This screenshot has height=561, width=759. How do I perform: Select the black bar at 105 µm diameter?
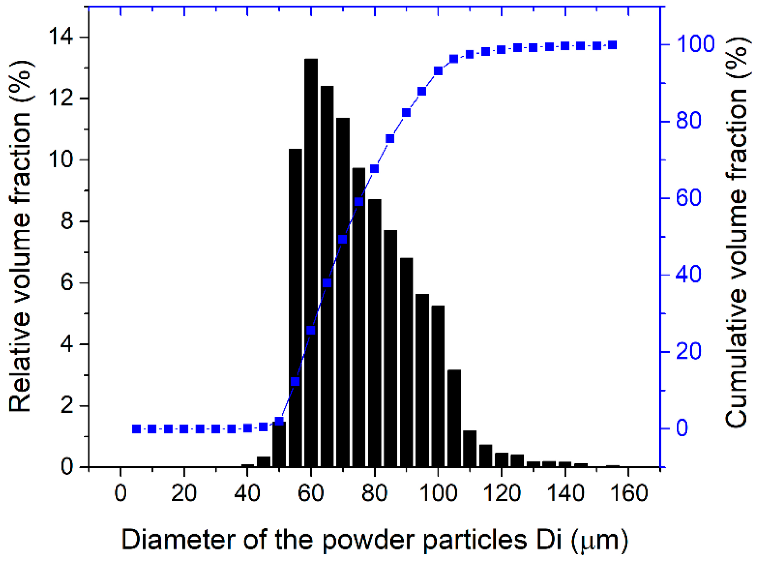454,419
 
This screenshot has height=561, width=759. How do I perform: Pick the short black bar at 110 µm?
469,449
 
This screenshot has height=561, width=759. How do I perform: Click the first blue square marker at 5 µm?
136,429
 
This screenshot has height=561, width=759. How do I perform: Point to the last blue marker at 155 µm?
612,45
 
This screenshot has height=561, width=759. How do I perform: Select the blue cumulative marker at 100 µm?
438,71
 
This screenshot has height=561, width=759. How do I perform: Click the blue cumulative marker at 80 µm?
374,168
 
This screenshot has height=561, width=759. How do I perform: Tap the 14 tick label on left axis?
61,37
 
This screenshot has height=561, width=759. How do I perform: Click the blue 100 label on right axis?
695,44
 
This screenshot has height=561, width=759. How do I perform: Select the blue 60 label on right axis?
688,198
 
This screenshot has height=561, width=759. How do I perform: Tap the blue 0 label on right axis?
682,428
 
